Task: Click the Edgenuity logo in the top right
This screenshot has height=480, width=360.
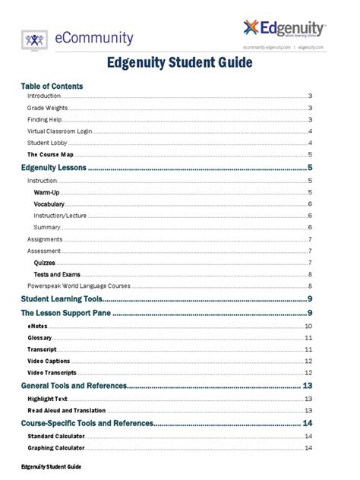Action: tap(286, 30)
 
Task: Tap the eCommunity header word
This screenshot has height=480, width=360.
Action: tap(94, 38)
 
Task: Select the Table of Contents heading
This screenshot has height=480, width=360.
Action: tap(52, 86)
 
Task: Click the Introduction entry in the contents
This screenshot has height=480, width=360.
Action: tap(44, 96)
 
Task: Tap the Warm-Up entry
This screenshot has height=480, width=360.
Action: tap(46, 193)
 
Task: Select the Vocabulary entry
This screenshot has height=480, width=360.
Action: tap(49, 204)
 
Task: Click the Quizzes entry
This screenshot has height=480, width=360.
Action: tap(45, 262)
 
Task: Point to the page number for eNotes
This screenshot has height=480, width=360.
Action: tap(308, 325)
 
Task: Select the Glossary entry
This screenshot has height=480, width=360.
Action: tap(40, 337)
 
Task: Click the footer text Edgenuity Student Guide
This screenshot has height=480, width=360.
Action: tap(51, 465)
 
